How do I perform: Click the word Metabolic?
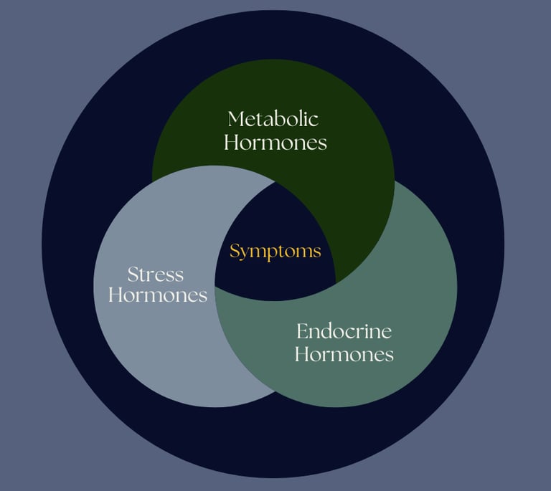(273, 118)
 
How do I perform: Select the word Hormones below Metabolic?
(275, 142)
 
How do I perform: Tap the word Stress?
(156, 274)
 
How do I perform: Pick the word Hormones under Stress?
(158, 295)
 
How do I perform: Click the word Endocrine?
(344, 331)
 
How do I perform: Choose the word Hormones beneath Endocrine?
(344, 353)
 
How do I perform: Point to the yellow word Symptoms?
(275, 252)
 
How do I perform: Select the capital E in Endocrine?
(302, 331)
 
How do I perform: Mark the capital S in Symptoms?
(234, 252)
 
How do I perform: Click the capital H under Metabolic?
(231, 142)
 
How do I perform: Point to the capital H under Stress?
(115, 295)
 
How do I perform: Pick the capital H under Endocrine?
(301, 353)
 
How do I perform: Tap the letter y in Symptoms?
(243, 254)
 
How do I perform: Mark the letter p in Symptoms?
(272, 254)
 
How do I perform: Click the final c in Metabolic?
(314, 119)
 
